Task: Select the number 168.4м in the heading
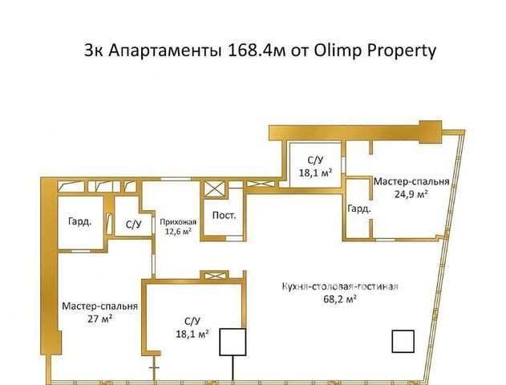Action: tap(257, 51)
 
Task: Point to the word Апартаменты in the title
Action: tap(164, 51)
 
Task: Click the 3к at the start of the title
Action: tap(93, 51)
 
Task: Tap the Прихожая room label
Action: tap(178, 222)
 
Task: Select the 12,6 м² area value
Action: tap(178, 231)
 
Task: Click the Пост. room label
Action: tap(224, 215)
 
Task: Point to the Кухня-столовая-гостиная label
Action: tap(340, 286)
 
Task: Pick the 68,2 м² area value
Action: tap(340, 299)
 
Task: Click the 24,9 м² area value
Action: tap(411, 194)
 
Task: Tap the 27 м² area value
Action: tap(99, 319)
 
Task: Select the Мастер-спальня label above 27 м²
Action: tap(99, 306)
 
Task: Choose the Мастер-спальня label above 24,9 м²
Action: tap(411, 181)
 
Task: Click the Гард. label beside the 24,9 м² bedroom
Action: tap(358, 209)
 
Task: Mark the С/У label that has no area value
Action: tap(134, 225)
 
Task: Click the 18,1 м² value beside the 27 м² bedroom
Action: tap(192, 334)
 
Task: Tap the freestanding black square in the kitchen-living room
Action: tap(403, 342)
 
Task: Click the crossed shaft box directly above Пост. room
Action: tap(215, 189)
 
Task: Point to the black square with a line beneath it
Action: tap(233, 342)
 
